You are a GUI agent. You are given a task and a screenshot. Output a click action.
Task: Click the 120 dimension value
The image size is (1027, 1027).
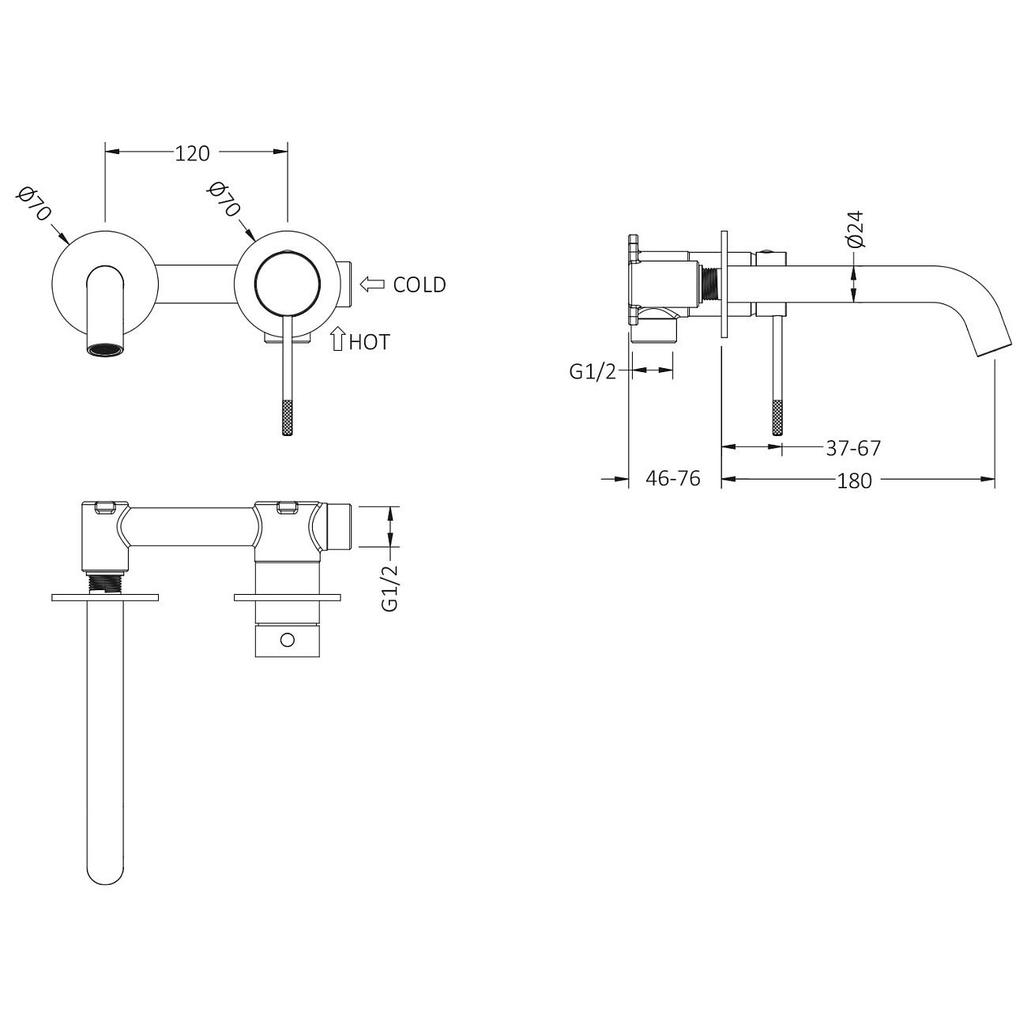(x=193, y=153)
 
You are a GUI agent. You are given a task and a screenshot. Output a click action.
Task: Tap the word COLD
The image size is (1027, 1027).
(x=419, y=285)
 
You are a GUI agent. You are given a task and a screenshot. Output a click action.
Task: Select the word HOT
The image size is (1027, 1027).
(x=370, y=342)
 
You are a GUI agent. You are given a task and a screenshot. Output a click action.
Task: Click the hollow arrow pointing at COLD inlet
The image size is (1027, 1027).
(x=372, y=284)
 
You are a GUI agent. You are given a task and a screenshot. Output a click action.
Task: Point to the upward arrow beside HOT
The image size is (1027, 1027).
(x=337, y=339)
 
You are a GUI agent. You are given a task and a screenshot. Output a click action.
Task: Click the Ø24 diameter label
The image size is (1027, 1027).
(x=853, y=229)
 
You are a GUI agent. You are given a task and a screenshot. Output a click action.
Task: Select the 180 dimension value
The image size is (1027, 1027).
(x=854, y=481)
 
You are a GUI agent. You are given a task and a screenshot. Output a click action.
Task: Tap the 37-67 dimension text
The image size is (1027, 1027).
(x=853, y=448)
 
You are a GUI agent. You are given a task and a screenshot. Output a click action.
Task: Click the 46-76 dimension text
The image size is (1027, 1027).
(x=672, y=479)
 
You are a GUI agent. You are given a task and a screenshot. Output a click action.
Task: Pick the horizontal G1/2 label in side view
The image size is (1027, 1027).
(x=592, y=372)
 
